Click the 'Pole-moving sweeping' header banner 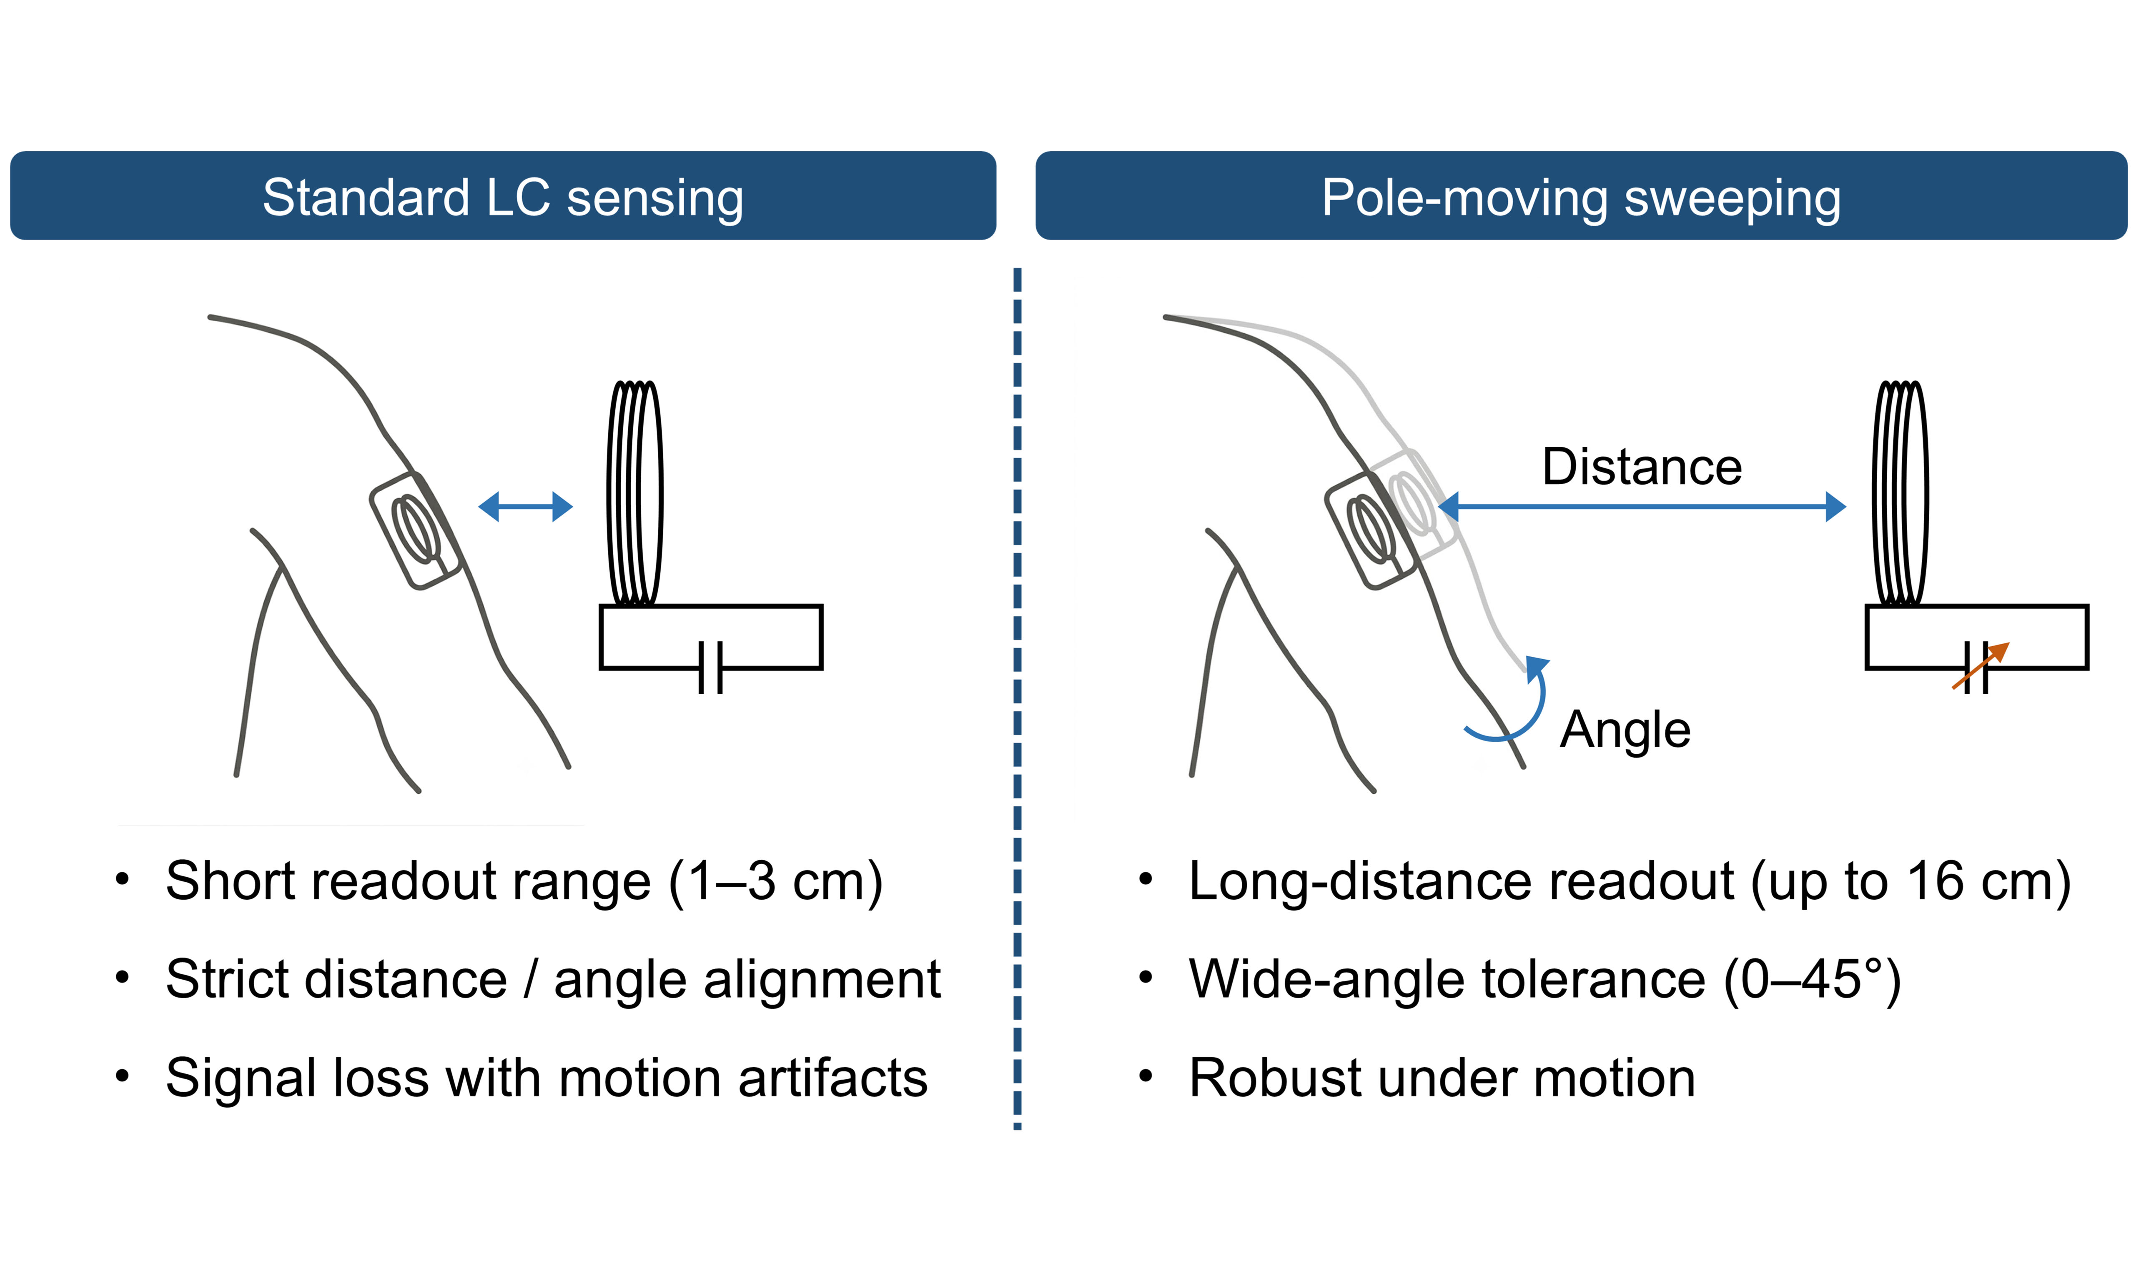1581,196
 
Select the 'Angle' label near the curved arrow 1625,730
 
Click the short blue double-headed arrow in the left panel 526,507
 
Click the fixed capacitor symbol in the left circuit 709,667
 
